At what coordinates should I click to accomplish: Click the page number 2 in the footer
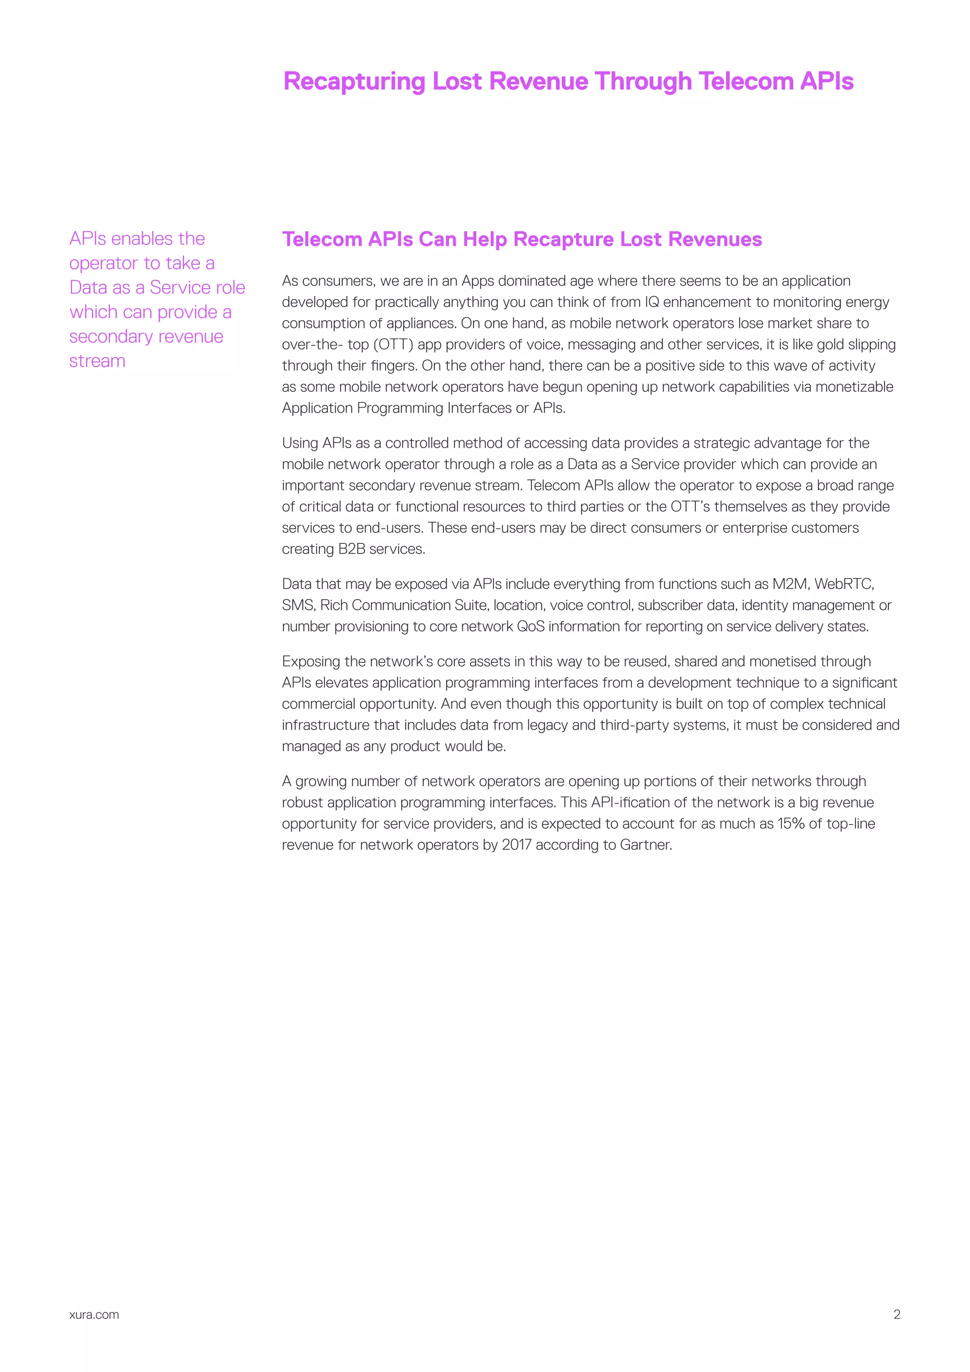point(897,1314)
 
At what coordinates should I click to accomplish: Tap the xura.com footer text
point(94,1315)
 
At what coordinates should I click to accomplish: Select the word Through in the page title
point(643,82)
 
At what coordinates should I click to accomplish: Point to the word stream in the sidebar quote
point(98,361)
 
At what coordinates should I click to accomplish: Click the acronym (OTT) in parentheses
point(393,345)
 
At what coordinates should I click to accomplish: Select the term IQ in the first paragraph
point(652,302)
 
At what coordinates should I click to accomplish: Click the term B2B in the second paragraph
point(352,549)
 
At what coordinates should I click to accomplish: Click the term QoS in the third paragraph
point(531,626)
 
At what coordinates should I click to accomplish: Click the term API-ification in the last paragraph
point(636,803)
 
